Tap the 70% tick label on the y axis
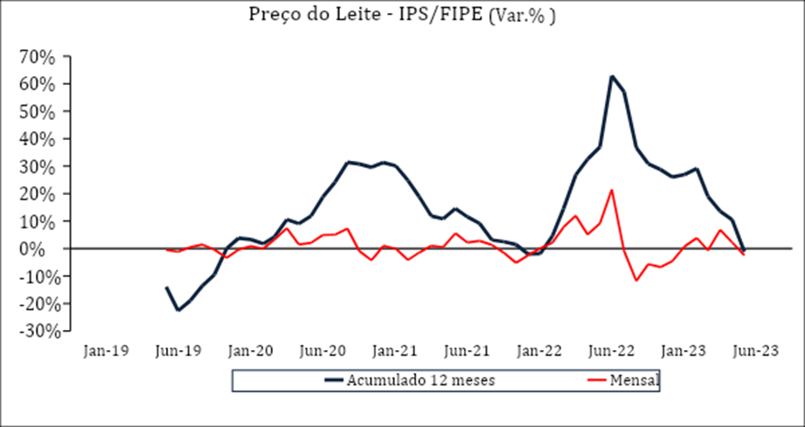(x=37, y=57)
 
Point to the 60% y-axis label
(x=37, y=84)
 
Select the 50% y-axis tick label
(x=37, y=112)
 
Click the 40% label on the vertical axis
(x=37, y=139)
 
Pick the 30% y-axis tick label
(x=37, y=167)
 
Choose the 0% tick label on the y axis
(x=42, y=249)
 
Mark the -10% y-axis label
(x=34, y=276)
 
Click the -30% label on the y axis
(x=34, y=332)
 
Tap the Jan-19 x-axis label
(x=106, y=351)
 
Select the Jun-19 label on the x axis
(x=178, y=351)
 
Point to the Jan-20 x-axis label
(x=251, y=351)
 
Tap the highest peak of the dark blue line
(x=612, y=76)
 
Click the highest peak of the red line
(x=612, y=190)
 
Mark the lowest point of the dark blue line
(x=178, y=310)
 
